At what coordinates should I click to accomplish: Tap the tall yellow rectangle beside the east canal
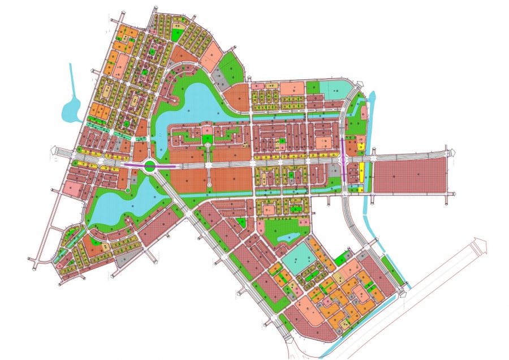coord(361,172)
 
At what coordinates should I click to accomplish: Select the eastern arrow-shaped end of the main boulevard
coord(450,152)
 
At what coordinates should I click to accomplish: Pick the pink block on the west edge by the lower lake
coord(72,187)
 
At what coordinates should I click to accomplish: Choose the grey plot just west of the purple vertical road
coord(334,170)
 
